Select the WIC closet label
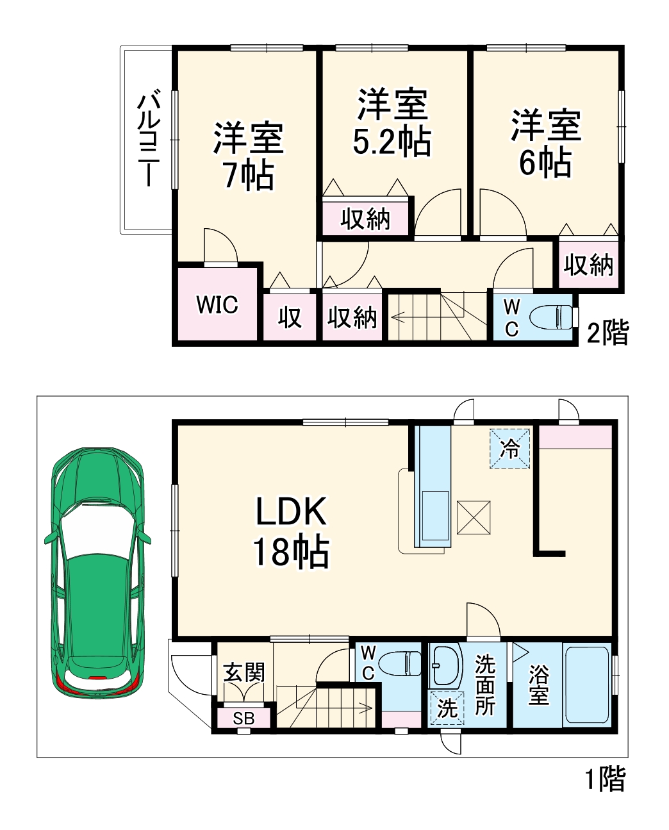pos(217,304)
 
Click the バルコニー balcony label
pos(149,139)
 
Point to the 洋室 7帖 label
pos(249,156)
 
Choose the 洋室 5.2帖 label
pos(392,123)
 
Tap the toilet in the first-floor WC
pos(401,663)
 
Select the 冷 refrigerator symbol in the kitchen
pos(511,448)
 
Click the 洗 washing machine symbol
pos(447,708)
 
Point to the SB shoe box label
pos(244,718)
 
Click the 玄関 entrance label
pos(244,672)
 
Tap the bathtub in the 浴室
pos(586,685)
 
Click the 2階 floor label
pos(607,333)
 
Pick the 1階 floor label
pos(605,779)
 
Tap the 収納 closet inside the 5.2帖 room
pos(365,219)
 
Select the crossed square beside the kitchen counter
pos(474,517)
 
